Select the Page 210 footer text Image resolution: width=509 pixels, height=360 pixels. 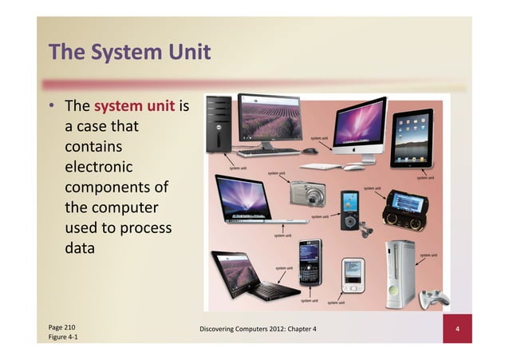click(62, 327)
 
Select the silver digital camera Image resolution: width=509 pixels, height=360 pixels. click(308, 192)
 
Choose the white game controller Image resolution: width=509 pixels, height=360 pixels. click(436, 299)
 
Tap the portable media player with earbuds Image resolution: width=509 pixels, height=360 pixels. click(350, 211)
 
